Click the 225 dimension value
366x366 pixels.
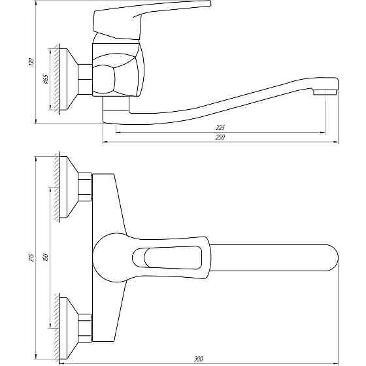[x=220, y=127]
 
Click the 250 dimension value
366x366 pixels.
[x=220, y=138]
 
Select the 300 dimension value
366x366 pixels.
[x=199, y=358]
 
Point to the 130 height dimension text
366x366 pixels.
[x=30, y=63]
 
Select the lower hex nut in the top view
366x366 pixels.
[x=84, y=327]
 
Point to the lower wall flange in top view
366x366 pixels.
[x=67, y=327]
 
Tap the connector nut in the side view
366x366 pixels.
[x=86, y=80]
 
